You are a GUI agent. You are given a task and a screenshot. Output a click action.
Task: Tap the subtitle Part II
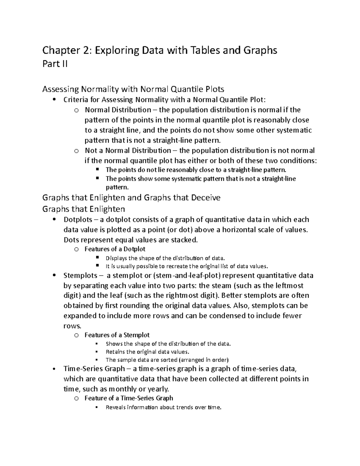click(x=55, y=64)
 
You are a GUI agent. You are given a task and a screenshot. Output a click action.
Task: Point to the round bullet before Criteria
click(x=54, y=100)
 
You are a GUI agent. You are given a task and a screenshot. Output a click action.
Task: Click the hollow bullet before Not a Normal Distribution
click(x=76, y=151)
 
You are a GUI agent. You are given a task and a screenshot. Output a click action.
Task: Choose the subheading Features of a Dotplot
click(x=115, y=249)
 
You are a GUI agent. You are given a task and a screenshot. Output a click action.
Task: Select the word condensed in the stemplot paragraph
click(x=227, y=316)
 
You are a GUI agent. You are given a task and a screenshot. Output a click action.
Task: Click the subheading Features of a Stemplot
click(x=117, y=335)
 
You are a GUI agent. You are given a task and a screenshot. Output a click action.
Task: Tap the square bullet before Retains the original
click(x=97, y=352)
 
